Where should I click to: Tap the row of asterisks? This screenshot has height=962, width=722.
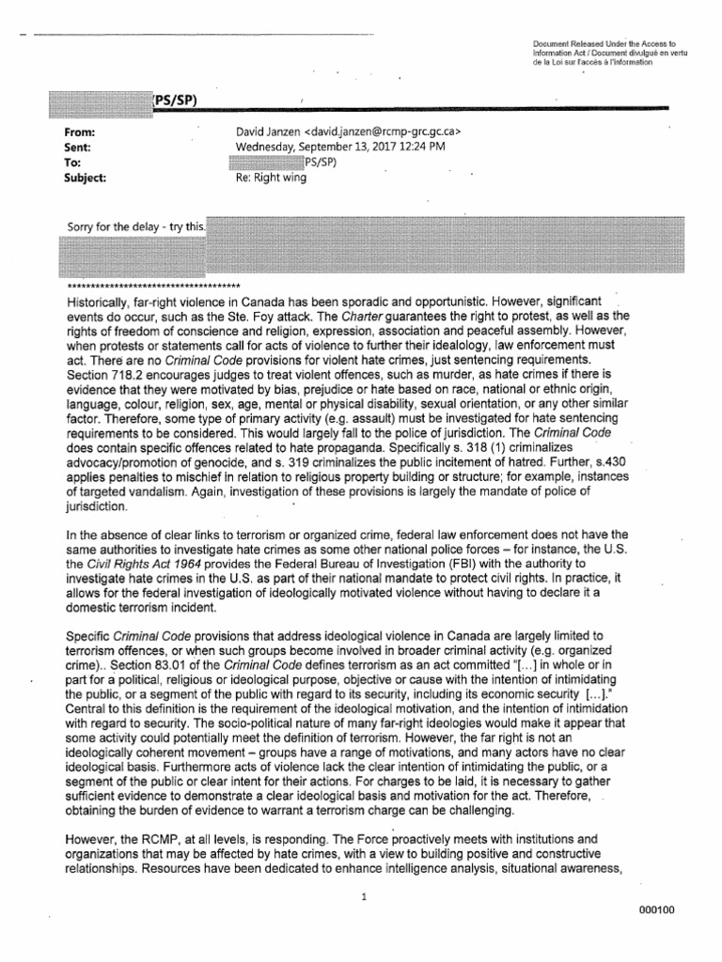tap(154, 285)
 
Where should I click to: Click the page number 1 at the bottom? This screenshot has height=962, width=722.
tap(362, 896)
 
